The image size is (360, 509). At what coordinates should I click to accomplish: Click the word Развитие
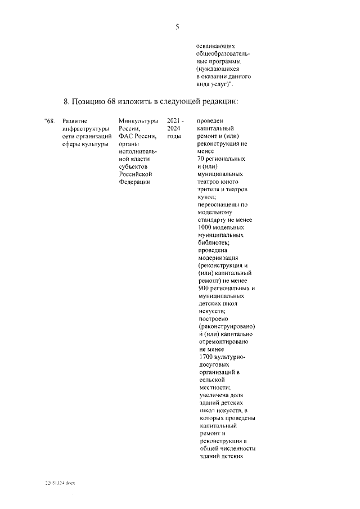click(x=75, y=121)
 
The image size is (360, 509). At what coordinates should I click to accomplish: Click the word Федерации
click(x=135, y=182)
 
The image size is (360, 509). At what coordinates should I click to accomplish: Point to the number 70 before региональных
click(x=203, y=159)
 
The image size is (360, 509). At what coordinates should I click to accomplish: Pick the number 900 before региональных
click(x=205, y=288)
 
